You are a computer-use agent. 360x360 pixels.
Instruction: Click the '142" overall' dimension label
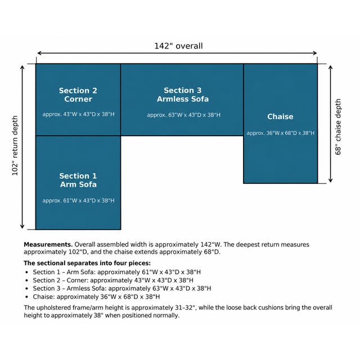(x=178, y=46)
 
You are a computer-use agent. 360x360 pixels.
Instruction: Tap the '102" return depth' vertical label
(x=15, y=146)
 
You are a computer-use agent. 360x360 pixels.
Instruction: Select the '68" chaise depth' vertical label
(x=338, y=127)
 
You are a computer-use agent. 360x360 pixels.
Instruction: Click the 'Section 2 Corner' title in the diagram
(x=78, y=95)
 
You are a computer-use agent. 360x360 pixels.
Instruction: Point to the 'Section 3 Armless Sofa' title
(x=183, y=94)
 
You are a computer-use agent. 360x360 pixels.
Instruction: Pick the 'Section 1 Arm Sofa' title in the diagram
(x=78, y=180)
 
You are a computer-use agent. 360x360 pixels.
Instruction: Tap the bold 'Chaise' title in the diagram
(x=280, y=116)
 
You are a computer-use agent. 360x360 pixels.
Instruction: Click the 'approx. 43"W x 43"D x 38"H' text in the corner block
(x=78, y=114)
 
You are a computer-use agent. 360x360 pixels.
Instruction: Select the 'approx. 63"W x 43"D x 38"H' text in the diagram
(x=184, y=115)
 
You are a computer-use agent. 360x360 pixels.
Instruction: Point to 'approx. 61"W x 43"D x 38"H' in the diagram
(x=78, y=201)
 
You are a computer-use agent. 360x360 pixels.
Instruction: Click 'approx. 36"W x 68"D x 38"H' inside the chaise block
(x=281, y=133)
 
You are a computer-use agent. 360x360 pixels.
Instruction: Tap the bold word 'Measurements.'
(x=48, y=245)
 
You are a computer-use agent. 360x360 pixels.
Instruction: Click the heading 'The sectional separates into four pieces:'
(x=87, y=263)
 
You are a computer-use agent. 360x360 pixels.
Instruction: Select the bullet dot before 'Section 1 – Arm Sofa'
(x=27, y=272)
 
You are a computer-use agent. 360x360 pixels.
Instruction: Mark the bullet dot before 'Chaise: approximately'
(x=27, y=297)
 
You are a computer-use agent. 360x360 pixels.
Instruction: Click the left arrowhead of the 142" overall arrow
(x=39, y=53)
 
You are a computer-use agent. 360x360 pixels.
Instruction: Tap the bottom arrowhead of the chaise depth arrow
(x=330, y=181)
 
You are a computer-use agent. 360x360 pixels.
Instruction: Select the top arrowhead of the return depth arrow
(x=22, y=67)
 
